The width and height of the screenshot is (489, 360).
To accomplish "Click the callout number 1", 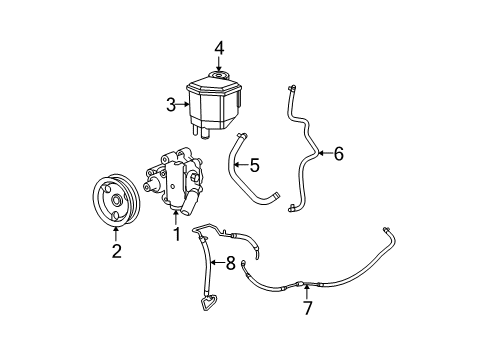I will [176, 235].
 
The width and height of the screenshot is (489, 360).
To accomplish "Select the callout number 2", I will [116, 251].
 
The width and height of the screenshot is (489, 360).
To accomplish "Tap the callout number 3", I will [171, 103].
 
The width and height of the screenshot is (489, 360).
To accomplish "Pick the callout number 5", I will [254, 165].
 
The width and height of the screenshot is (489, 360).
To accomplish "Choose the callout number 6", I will [338, 154].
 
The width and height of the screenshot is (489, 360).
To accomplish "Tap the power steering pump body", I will [180, 180].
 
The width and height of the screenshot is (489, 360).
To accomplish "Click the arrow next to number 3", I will [185, 103].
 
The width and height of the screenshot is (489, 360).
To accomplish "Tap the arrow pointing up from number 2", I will [116, 234].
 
